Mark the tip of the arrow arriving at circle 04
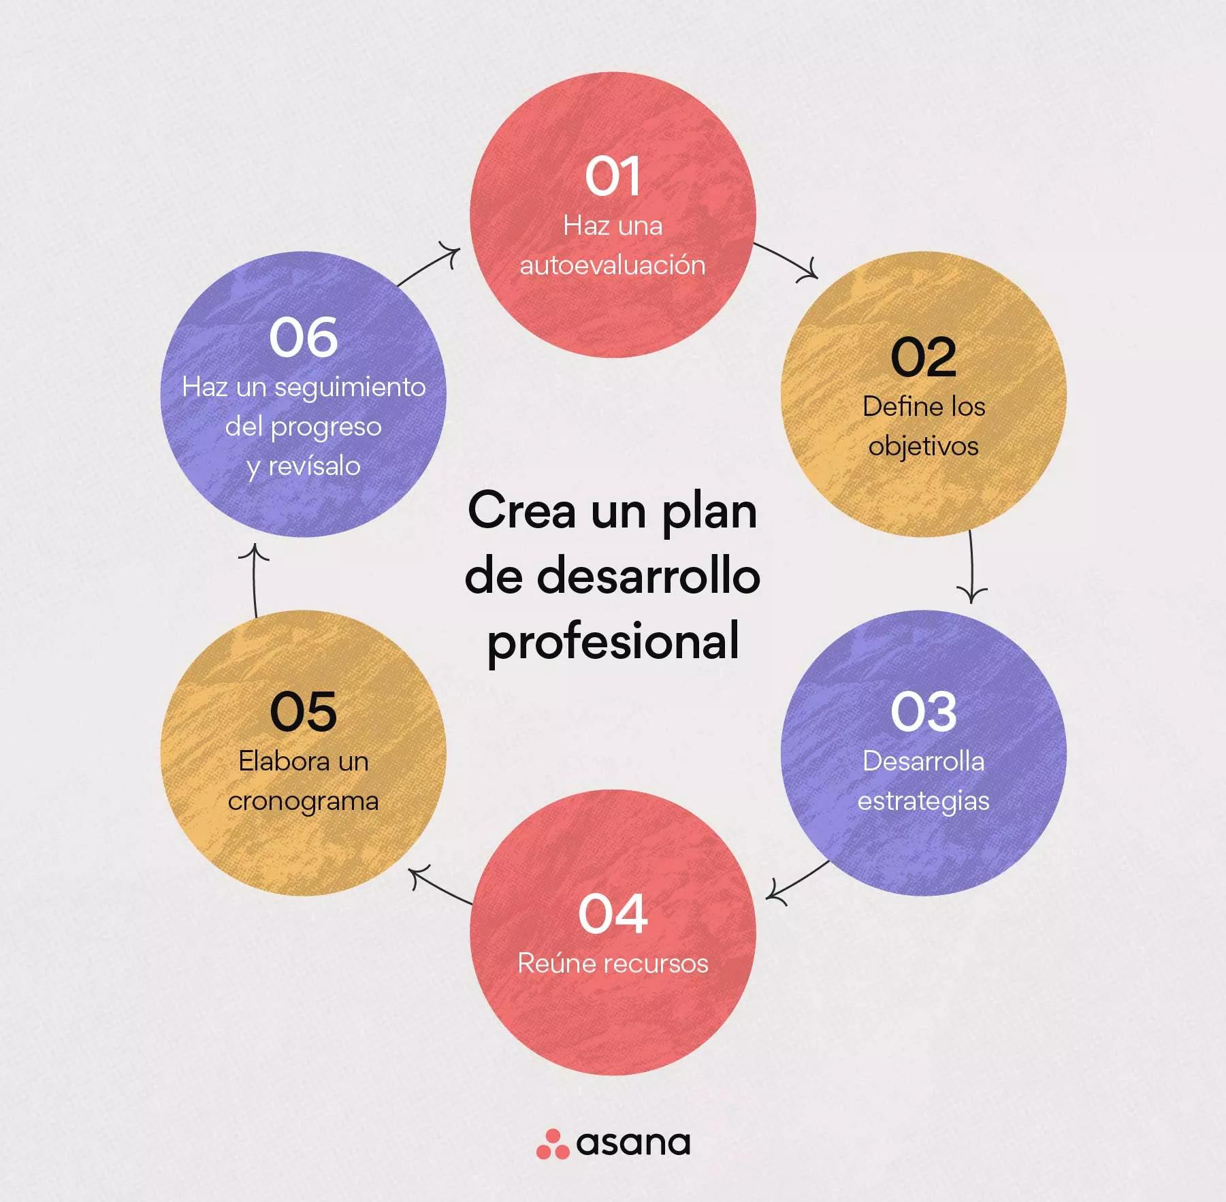[767, 898]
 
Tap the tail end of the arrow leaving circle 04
[472, 904]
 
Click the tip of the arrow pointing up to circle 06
[253, 545]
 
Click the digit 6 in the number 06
[321, 338]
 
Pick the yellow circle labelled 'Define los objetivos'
[923, 394]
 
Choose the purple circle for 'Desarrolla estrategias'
[923, 752]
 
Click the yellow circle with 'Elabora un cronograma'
[303, 752]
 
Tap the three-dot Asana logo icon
[552, 1144]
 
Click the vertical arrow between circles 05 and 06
[254, 581]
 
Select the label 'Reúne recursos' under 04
[613, 963]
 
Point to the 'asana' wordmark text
[633, 1143]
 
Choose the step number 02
[923, 357]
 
